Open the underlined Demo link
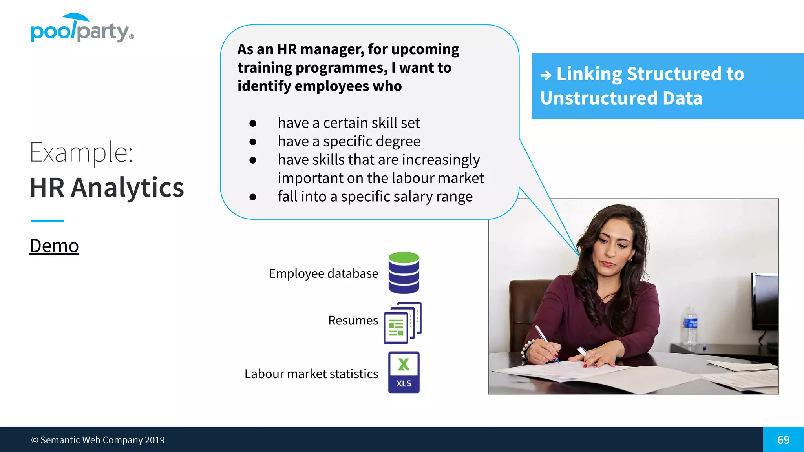pyautogui.click(x=54, y=246)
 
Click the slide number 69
pyautogui.click(x=783, y=440)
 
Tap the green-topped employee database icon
pyautogui.click(x=404, y=273)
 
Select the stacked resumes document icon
pyautogui.click(x=402, y=323)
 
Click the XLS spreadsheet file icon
pyautogui.click(x=404, y=372)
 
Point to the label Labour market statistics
pyautogui.click(x=311, y=374)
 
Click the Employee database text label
pyautogui.click(x=323, y=273)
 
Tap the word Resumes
pyautogui.click(x=353, y=321)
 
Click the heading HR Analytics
pyautogui.click(x=107, y=188)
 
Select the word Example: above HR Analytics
pyautogui.click(x=82, y=152)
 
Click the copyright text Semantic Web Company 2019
pyautogui.click(x=98, y=440)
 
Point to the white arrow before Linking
pyautogui.click(x=546, y=75)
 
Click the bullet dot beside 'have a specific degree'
pyautogui.click(x=253, y=142)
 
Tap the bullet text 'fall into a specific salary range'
pyautogui.click(x=375, y=197)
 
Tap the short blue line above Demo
pyautogui.click(x=47, y=221)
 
